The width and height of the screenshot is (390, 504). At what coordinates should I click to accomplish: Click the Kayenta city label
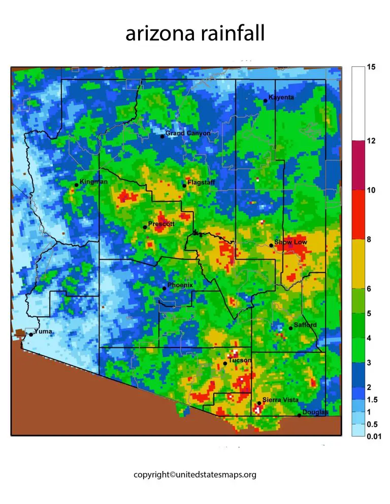click(x=281, y=97)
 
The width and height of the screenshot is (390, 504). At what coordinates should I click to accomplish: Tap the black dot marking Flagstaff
click(x=184, y=186)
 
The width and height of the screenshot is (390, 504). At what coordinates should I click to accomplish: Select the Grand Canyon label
click(x=188, y=133)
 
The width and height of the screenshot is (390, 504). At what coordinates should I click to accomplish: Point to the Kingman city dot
click(x=76, y=185)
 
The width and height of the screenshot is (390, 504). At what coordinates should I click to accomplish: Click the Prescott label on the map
click(x=161, y=224)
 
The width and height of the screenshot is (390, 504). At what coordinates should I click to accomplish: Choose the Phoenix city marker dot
click(x=164, y=288)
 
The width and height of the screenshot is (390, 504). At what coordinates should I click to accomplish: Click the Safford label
click(x=305, y=325)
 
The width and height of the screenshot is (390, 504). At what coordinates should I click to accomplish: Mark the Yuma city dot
click(x=30, y=334)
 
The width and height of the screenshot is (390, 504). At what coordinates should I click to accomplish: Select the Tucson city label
click(x=240, y=361)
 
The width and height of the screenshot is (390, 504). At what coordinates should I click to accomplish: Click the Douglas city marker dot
click(x=299, y=416)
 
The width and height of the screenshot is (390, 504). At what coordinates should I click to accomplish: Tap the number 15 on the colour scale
click(x=371, y=67)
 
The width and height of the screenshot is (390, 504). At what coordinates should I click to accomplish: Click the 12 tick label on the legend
click(x=371, y=141)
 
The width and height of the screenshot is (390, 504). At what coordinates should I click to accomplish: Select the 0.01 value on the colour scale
click(x=374, y=436)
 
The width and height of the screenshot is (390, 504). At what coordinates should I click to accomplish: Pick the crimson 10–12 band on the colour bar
click(x=357, y=165)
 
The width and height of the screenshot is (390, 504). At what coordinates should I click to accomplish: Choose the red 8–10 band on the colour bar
click(x=357, y=214)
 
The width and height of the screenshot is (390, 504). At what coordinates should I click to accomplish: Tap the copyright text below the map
click(x=194, y=475)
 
